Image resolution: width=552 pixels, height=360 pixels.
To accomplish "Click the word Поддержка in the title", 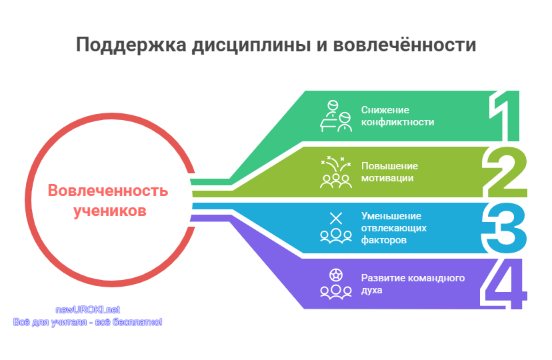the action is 131,45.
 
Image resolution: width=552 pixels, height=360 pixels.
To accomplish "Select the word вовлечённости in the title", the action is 405,45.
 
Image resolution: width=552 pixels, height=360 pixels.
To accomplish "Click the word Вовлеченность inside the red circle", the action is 108,191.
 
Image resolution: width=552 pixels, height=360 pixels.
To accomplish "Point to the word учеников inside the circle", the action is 110,211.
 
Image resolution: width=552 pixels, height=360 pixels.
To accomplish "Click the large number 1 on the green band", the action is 504,116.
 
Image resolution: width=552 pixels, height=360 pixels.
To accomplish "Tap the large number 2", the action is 505,172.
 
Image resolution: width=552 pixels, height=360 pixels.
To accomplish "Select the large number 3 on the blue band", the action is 504,228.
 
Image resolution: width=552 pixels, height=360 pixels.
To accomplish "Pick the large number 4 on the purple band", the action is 503,284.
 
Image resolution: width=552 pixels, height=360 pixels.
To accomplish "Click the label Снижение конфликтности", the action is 397,116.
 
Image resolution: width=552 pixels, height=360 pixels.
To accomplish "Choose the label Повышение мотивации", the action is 390,172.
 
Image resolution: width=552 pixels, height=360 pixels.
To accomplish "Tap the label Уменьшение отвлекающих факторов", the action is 394,228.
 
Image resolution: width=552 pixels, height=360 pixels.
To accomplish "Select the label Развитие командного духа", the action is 413,284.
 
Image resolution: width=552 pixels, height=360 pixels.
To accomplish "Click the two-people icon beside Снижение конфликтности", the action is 336,116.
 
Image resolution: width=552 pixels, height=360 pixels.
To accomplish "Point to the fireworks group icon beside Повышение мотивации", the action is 336,172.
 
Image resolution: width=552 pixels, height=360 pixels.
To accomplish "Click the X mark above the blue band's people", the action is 336,218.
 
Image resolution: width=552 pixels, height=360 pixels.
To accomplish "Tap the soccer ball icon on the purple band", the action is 336,275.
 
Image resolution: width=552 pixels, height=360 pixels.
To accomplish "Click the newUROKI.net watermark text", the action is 87,310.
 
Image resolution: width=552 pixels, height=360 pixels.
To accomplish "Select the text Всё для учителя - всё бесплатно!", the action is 87,322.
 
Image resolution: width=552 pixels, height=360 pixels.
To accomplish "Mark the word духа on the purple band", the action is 372,291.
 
